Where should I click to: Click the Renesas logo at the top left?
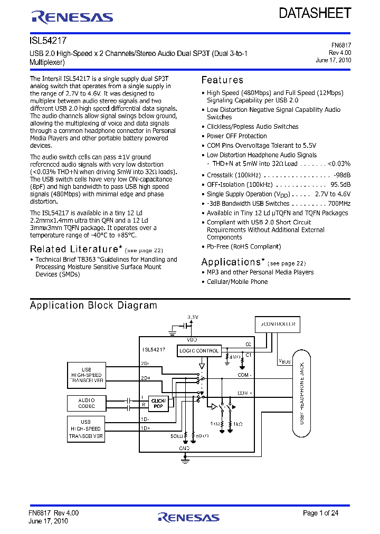point(72,17)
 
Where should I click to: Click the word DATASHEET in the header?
point(315,13)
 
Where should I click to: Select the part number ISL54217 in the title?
point(48,40)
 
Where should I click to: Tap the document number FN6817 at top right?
point(341,46)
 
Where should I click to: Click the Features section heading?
point(222,80)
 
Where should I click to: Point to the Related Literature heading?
point(73,249)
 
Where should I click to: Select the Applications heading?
point(231,262)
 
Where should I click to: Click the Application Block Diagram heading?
point(93,306)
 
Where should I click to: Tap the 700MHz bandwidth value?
point(339,204)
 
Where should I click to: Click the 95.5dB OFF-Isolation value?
point(340,185)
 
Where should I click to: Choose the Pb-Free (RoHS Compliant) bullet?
point(243,246)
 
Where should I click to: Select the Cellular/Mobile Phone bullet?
point(237,282)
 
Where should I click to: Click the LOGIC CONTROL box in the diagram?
point(199,350)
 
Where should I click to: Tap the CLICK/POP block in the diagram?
point(158,404)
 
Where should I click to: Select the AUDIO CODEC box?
point(87,403)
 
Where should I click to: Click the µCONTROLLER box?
point(275,324)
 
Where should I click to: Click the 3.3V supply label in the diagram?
point(193,317)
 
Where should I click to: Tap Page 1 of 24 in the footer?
point(320,513)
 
